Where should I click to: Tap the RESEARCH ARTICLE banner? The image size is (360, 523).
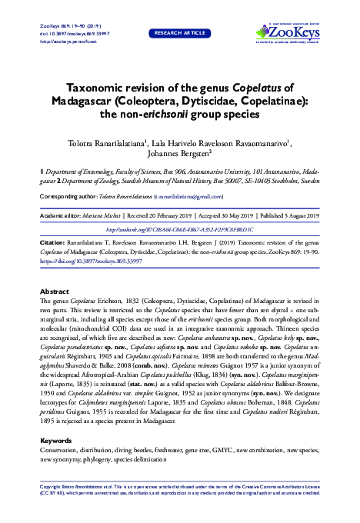179,33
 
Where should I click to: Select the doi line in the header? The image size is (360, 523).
70,33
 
